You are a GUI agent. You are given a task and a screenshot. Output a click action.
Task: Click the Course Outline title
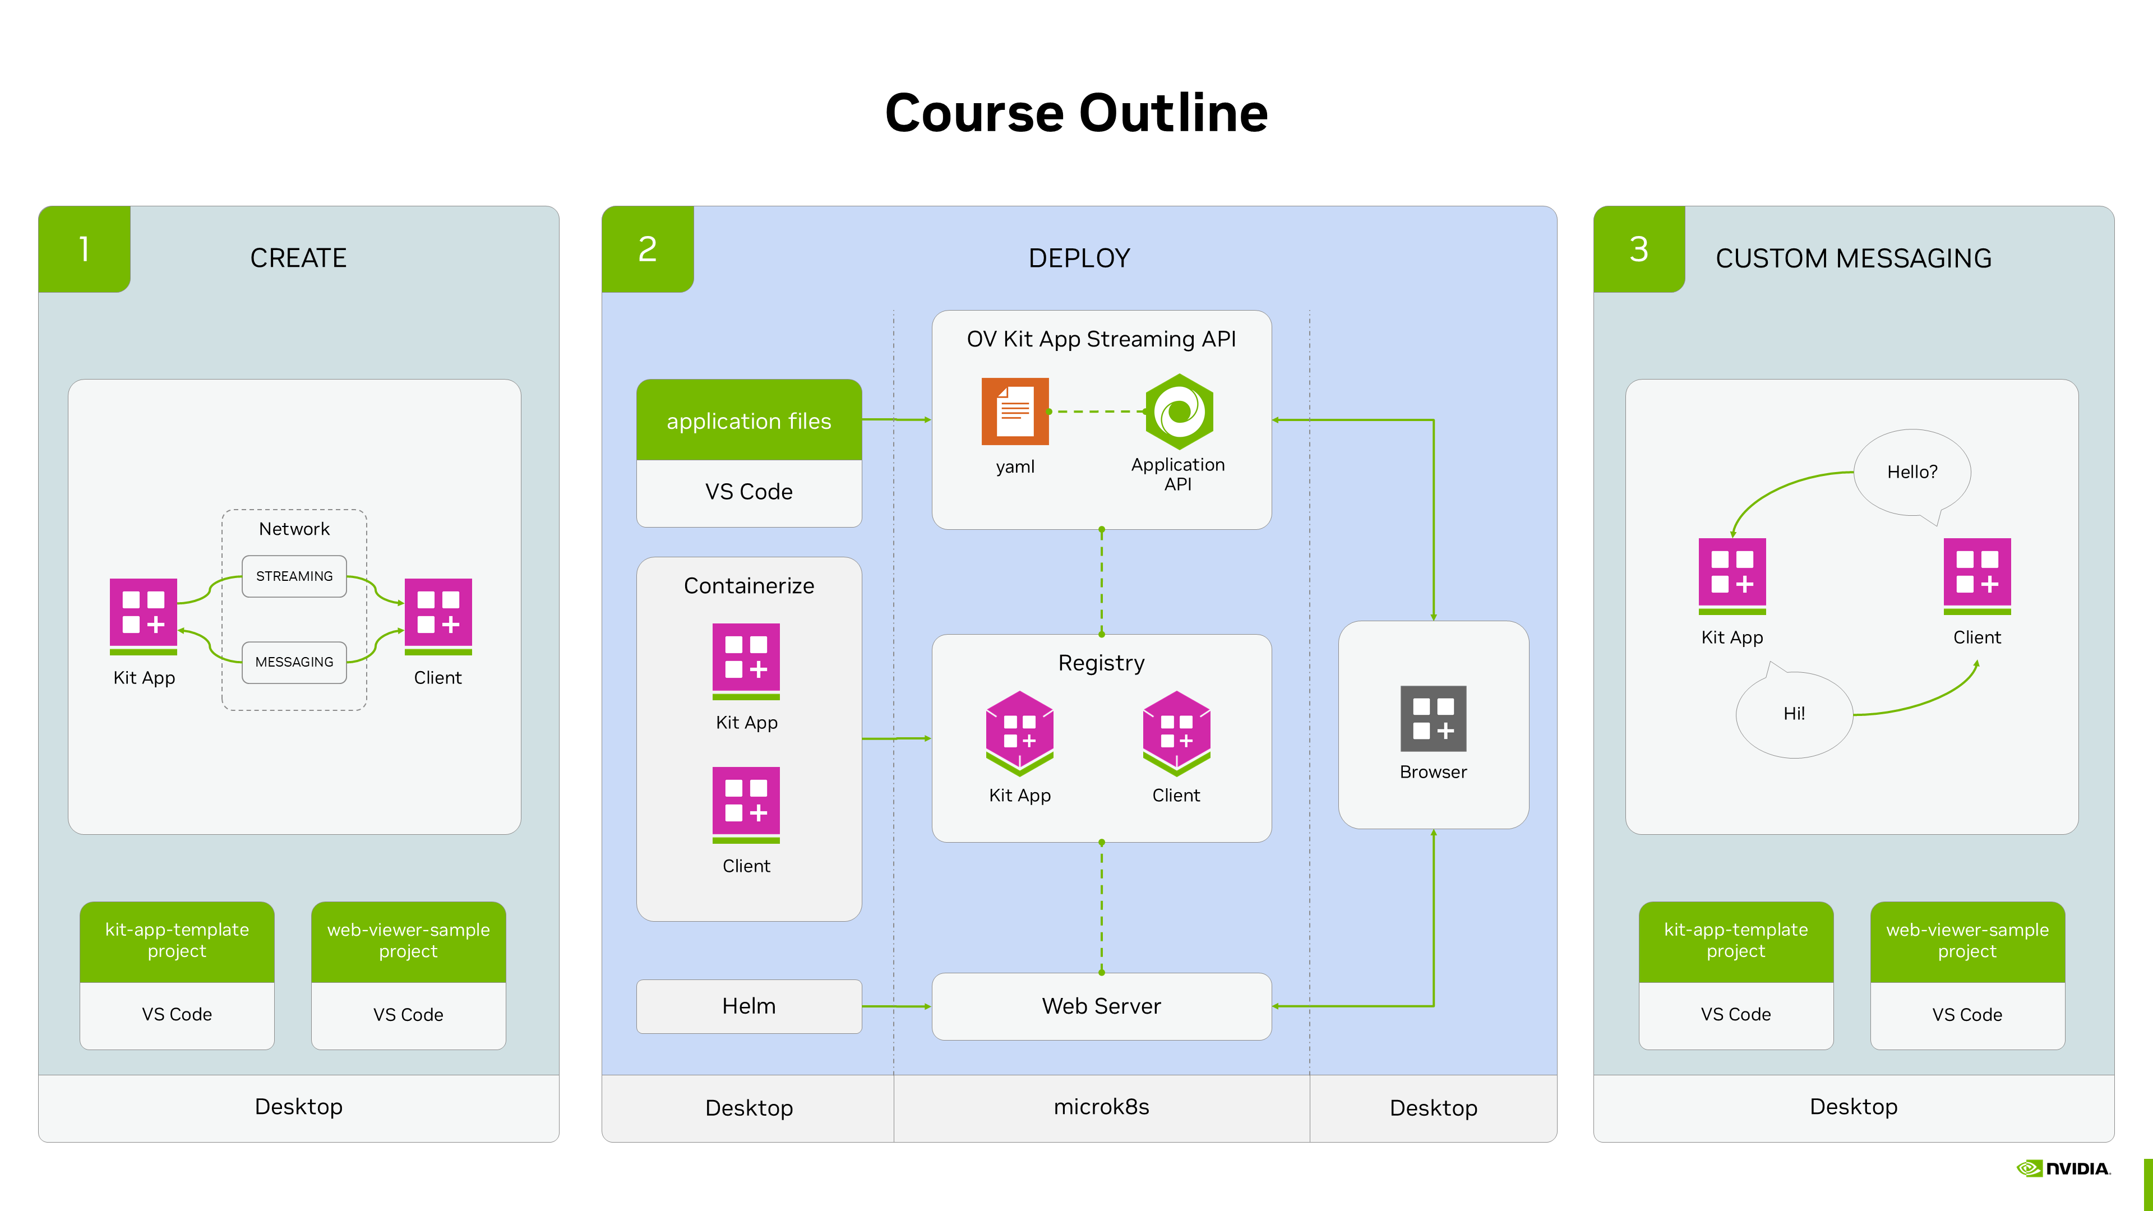point(1076,114)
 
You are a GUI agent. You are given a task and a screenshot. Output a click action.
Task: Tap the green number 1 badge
point(85,249)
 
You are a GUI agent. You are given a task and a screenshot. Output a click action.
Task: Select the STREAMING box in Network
point(294,576)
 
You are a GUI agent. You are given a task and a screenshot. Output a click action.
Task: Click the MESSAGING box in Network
point(294,662)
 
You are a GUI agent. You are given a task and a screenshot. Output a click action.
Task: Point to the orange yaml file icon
point(1015,411)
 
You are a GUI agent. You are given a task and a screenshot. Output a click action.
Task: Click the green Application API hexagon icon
point(1179,411)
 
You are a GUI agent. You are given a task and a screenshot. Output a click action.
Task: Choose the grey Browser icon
point(1434,719)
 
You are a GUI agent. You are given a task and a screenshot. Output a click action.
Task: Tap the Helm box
point(749,1006)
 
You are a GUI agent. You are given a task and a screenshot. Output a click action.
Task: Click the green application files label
point(749,420)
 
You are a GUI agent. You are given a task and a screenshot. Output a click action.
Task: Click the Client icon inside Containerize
point(746,804)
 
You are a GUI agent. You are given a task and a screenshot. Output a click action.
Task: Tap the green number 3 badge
point(1638,249)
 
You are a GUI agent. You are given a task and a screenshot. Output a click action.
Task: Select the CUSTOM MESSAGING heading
point(1853,258)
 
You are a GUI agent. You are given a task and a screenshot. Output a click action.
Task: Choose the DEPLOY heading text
point(1078,258)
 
